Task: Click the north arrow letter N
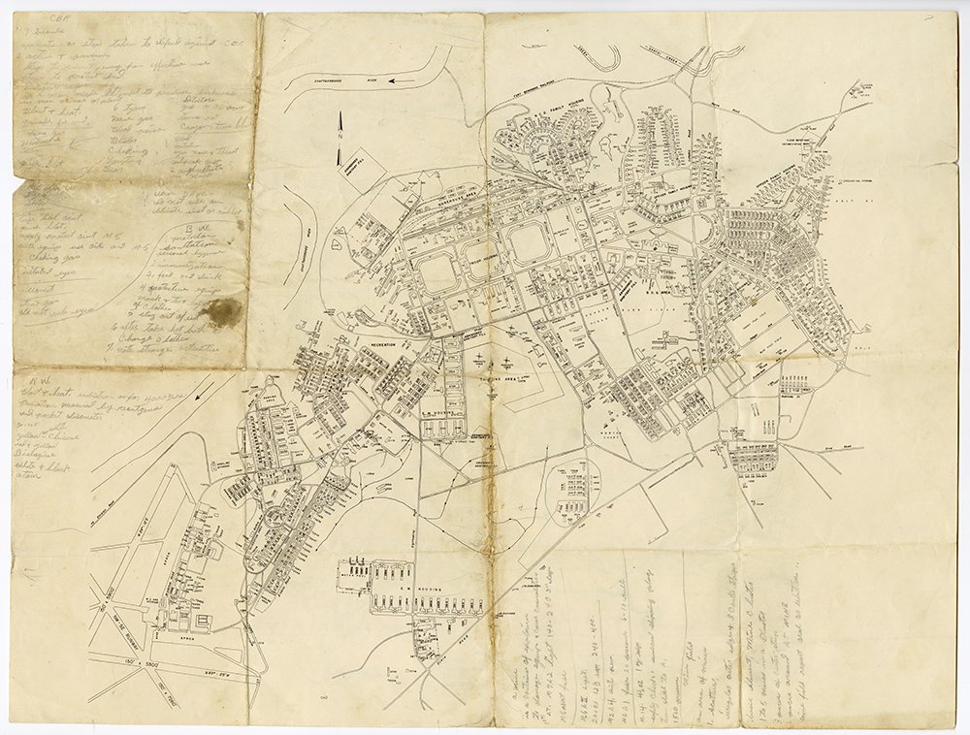[339, 137]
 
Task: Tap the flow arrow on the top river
[395, 81]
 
